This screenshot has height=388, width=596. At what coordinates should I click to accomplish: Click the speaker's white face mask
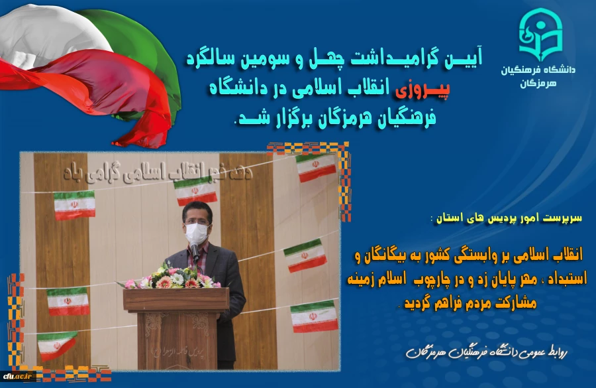[195, 231]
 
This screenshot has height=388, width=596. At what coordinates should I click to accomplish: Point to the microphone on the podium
[195, 251]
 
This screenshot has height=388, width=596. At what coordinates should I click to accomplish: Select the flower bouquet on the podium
[171, 277]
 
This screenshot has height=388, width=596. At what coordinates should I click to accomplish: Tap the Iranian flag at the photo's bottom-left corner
[57, 344]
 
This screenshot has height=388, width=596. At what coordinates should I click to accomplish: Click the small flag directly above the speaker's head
[195, 190]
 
